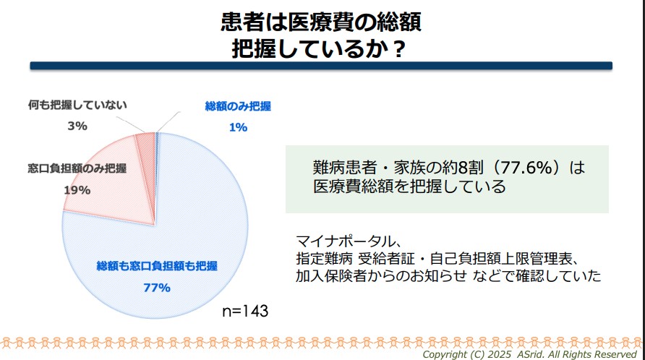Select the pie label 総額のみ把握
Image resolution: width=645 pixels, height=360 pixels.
[238, 107]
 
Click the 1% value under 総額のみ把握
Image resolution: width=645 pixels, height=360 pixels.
[238, 127]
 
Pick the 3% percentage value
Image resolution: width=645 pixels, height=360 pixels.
[77, 125]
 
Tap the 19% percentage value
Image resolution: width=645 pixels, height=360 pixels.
[77, 190]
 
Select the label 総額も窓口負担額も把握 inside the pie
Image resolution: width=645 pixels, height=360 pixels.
[157, 266]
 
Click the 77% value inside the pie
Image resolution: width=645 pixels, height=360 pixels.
[156, 287]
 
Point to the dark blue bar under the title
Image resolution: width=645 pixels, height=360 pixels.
[321, 66]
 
